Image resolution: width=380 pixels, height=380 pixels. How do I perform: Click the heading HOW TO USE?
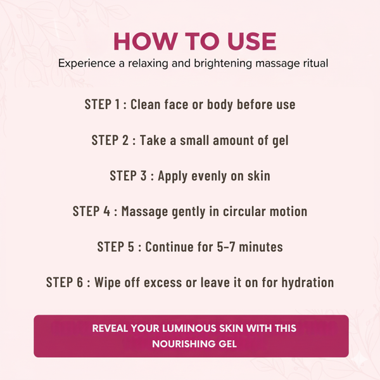(x=194, y=41)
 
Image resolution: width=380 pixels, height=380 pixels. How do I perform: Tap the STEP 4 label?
(x=92, y=211)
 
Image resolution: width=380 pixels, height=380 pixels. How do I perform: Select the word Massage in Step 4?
(x=146, y=211)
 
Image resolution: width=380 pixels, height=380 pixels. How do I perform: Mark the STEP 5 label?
(x=118, y=246)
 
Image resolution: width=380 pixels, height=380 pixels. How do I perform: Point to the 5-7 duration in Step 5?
(x=224, y=246)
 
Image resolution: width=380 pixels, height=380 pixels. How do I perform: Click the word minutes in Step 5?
(x=260, y=246)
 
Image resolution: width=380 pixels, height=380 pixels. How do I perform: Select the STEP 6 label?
(x=66, y=282)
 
